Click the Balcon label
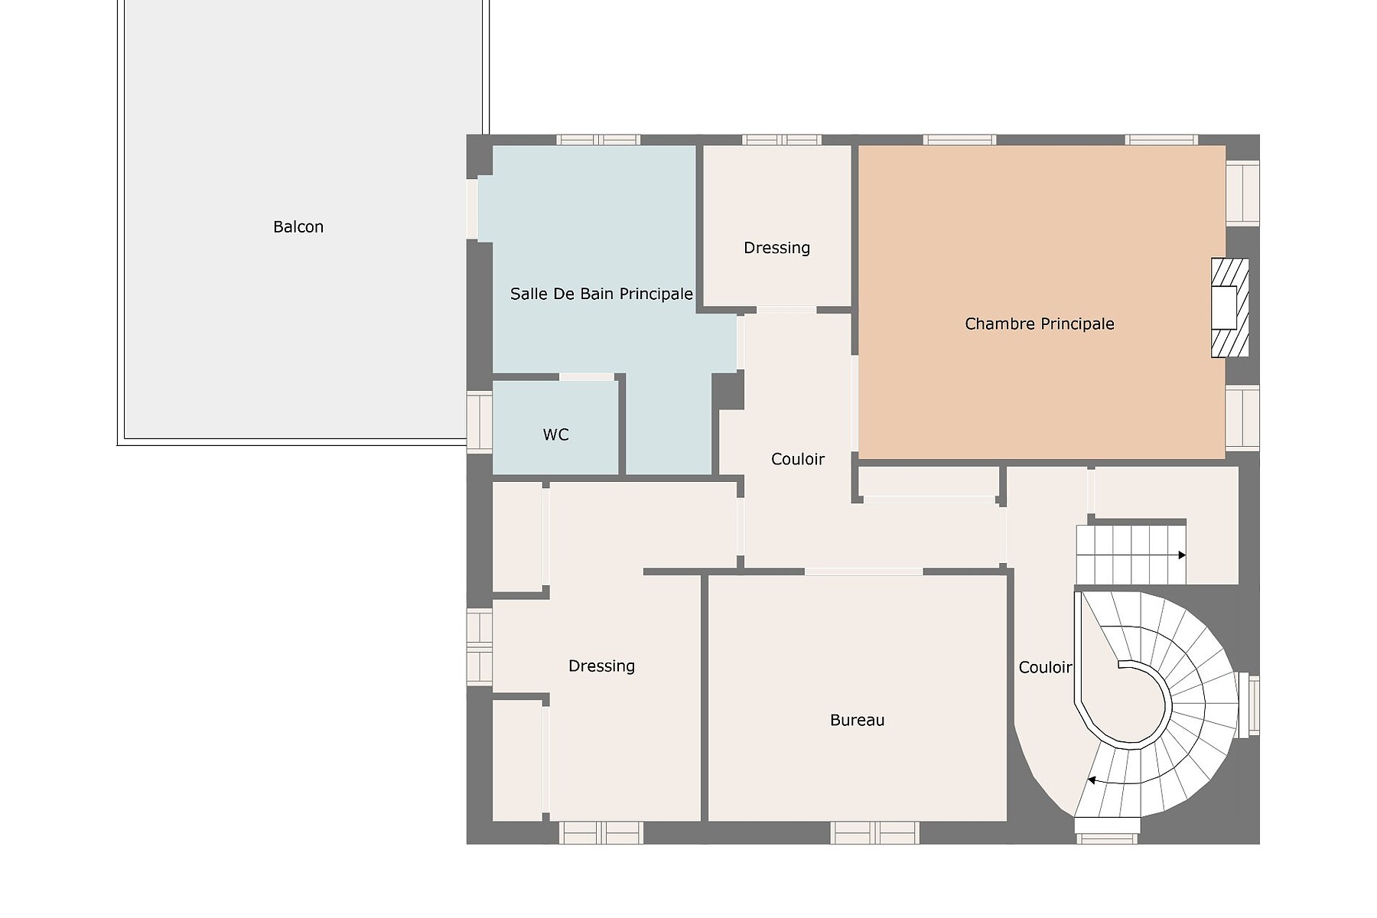click(x=298, y=227)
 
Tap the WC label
click(x=556, y=435)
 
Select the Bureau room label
click(x=857, y=720)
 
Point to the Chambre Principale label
click(x=1039, y=324)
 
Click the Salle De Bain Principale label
click(x=601, y=294)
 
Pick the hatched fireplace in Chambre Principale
click(x=1229, y=308)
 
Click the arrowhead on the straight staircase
click(x=1182, y=555)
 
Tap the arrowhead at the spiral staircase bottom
click(x=1092, y=780)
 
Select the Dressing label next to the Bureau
click(x=601, y=666)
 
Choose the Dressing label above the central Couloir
click(x=776, y=248)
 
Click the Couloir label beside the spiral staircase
click(x=1045, y=667)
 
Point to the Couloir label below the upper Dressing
click(x=798, y=459)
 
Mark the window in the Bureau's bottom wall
click(x=874, y=832)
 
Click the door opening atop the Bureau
click(x=864, y=571)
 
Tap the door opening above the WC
click(x=587, y=376)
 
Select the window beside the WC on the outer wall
click(x=480, y=422)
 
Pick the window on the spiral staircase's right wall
click(x=1248, y=705)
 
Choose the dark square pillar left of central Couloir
click(x=728, y=391)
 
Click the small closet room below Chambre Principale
click(x=928, y=481)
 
